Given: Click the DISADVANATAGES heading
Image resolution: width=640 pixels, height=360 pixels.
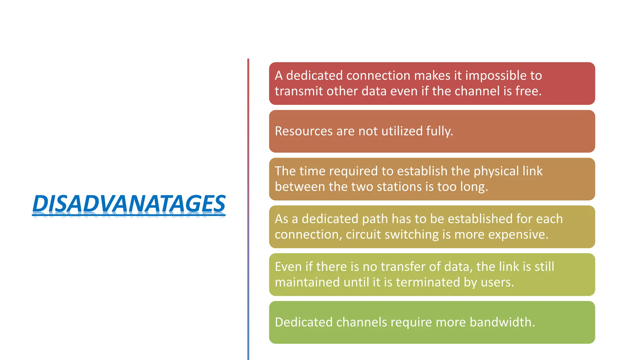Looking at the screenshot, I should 129,204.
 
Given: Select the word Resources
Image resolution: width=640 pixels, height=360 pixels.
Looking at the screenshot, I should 303,131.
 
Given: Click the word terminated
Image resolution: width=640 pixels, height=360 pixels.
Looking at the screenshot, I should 428,282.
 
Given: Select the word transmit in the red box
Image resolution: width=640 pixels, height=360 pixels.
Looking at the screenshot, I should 299,91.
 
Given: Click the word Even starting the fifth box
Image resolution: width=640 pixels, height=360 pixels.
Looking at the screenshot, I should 288,267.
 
